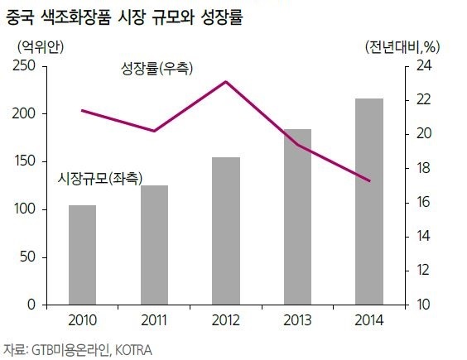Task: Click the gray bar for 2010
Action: tap(83, 255)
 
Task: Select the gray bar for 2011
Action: tap(154, 245)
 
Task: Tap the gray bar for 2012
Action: tap(226, 231)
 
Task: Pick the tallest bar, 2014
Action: tap(369, 202)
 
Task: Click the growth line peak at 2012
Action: tap(226, 82)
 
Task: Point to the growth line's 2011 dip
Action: tap(154, 131)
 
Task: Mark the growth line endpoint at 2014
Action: tap(369, 180)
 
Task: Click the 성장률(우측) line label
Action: tap(156, 69)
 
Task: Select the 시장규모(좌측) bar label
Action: tap(100, 179)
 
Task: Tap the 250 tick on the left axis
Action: tap(24, 66)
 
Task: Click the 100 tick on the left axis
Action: tap(25, 209)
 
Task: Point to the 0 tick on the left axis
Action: tap(31, 305)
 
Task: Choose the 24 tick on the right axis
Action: tap(424, 66)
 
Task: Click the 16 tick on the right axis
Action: tap(423, 202)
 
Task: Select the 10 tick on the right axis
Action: tap(423, 305)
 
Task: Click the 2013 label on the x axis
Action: tap(297, 320)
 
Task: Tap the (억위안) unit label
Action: tap(41, 46)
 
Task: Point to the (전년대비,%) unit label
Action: tap(402, 46)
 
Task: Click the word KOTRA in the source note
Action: tap(133, 350)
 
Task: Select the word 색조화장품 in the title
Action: tap(75, 17)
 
